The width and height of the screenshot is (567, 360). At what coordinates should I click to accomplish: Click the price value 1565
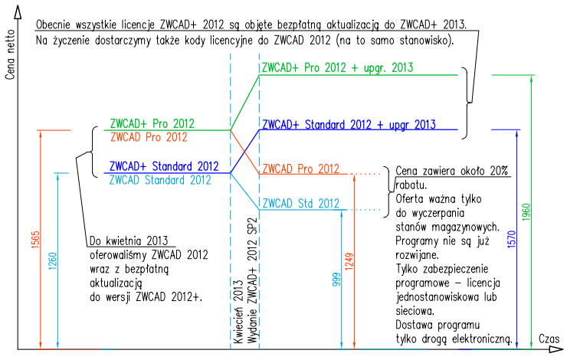pos(35,240)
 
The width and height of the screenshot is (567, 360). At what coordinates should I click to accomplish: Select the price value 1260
pos(52,261)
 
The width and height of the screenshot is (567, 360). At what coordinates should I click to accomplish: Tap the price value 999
pos(336,280)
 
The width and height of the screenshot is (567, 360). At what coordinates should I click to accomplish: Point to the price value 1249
pos(349,261)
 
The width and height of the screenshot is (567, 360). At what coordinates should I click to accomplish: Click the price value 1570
pos(512,239)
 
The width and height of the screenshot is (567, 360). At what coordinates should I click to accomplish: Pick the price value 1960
pos(526,212)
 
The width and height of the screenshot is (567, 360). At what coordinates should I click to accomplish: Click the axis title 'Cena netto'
pos(10,54)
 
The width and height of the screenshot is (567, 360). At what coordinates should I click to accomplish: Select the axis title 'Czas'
pos(549,339)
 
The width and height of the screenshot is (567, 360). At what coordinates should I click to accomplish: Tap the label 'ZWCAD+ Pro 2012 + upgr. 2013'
pos(337,67)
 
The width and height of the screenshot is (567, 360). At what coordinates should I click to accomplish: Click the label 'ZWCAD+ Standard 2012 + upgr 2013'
pos(349,124)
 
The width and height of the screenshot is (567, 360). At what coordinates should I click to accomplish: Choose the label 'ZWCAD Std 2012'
pos(301,204)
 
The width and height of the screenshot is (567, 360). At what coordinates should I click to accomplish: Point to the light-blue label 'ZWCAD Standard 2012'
pos(160,180)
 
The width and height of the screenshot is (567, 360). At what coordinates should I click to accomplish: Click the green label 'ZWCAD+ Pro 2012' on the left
pos(152,123)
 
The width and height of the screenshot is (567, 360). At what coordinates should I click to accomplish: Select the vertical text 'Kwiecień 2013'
pos(238,311)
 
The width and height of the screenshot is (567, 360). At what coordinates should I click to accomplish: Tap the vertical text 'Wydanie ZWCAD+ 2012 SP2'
pos(252,280)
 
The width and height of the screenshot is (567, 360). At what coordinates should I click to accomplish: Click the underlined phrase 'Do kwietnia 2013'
pos(129,241)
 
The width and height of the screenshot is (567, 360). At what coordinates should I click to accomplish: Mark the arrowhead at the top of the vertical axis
pos(18,12)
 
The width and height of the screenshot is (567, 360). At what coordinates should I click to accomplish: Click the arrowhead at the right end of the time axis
pos(556,349)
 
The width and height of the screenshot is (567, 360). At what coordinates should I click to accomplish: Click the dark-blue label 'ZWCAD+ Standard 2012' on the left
pos(164,166)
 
